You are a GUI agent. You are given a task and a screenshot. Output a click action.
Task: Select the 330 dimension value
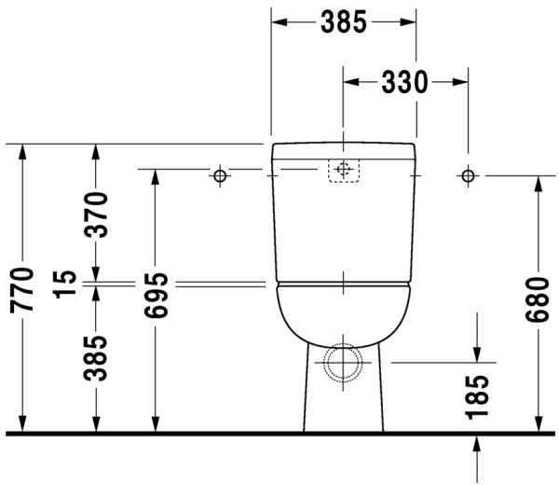click(x=404, y=82)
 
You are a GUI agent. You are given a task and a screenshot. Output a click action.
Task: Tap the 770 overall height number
click(x=23, y=288)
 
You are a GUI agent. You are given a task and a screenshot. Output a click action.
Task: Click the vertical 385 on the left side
click(x=97, y=357)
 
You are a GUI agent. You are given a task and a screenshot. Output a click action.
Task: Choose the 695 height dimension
click(x=156, y=296)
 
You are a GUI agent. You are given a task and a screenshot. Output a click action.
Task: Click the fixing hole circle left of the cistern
click(x=220, y=175)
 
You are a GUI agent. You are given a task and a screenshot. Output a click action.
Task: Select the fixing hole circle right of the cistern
click(x=468, y=175)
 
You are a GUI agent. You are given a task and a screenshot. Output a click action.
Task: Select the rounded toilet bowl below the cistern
click(x=344, y=312)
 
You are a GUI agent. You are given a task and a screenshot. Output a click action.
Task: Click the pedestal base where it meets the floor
click(x=344, y=424)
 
